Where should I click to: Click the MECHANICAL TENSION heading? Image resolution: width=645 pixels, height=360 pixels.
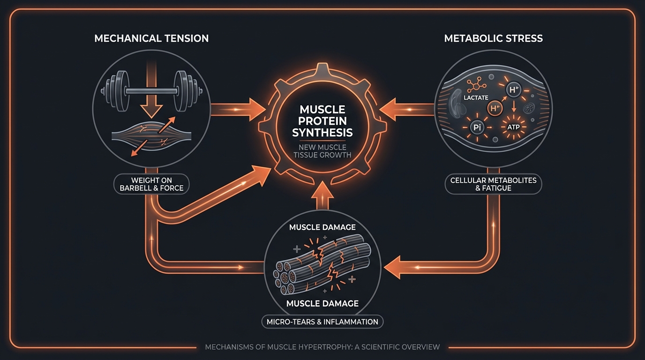151,38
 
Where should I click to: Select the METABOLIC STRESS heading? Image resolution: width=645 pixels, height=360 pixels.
493,38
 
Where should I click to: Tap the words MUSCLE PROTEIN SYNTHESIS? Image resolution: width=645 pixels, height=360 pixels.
322,121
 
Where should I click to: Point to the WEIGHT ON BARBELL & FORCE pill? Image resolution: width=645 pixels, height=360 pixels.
151,184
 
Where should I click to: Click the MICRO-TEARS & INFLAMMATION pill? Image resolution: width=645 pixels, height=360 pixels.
322,322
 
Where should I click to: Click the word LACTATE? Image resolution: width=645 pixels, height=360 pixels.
476,97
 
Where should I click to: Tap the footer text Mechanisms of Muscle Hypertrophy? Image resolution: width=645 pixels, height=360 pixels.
322,347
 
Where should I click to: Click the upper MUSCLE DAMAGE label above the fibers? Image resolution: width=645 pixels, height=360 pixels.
322,227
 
